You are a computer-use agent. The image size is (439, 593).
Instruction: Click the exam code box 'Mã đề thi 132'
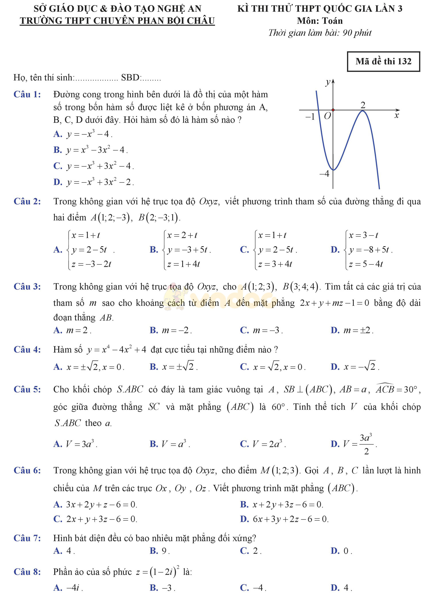pos(383,61)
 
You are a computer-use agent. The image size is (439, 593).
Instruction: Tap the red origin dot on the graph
pos(333,110)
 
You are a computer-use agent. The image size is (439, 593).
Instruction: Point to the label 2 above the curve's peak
pos(363,105)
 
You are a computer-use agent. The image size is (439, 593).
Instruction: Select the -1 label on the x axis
pos(310,117)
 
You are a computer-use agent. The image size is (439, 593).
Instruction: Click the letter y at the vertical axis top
pos(328,83)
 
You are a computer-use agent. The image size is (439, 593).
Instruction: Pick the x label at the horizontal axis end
pos(396,116)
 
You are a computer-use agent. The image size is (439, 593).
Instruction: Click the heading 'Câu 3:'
pos(27,287)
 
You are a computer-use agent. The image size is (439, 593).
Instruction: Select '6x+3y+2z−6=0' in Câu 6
pos(290,519)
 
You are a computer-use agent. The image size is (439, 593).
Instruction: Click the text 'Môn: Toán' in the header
pos(320,21)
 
